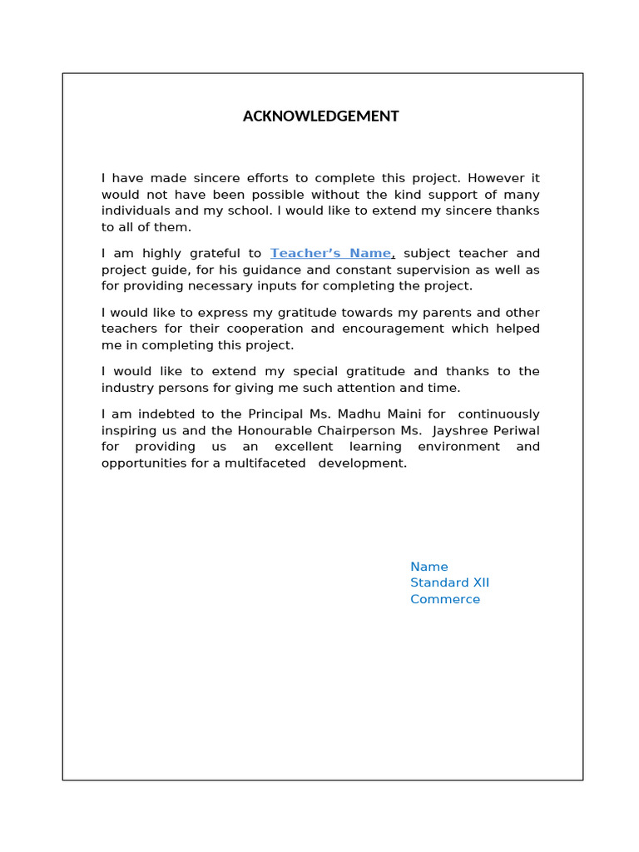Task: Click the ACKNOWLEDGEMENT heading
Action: tap(320, 116)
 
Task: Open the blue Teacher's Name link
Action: tap(330, 254)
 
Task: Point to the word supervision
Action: tap(449, 270)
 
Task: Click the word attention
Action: tap(372, 389)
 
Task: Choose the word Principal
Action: tap(277, 414)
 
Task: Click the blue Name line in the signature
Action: tap(428, 567)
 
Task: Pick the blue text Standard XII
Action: tap(449, 583)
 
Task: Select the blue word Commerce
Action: tap(444, 600)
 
